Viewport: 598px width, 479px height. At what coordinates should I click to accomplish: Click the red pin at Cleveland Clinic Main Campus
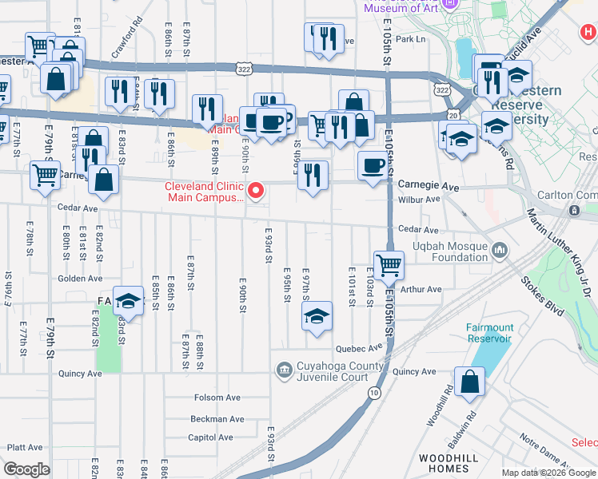pos(256,190)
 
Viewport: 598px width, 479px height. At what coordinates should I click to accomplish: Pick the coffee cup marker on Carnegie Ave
pos(372,166)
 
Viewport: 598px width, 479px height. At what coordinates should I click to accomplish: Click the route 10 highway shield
pos(373,393)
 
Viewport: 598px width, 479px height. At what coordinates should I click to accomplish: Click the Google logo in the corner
pos(27,469)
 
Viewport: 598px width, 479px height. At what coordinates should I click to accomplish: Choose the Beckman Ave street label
pos(217,418)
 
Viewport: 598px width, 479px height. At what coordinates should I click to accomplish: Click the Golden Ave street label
pos(80,279)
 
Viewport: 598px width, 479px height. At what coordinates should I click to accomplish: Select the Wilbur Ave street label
pos(421,199)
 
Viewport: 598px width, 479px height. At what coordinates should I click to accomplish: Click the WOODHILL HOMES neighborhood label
pos(449,464)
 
